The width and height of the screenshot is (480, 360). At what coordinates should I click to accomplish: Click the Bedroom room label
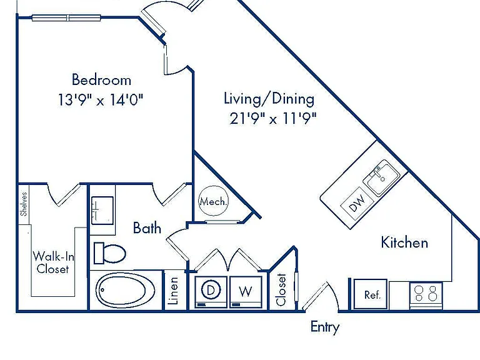(102, 80)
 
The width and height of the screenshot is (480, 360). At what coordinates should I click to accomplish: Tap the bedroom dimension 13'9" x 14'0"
(101, 100)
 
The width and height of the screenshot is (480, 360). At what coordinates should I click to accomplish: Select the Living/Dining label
(269, 99)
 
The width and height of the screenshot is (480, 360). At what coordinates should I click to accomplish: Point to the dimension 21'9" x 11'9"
(272, 118)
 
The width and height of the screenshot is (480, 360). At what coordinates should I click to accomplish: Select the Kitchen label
(404, 242)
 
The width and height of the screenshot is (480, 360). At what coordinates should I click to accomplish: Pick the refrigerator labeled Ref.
(371, 294)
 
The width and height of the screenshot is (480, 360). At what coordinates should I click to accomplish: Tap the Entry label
(325, 327)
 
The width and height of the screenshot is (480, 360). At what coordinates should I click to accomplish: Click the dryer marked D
(211, 292)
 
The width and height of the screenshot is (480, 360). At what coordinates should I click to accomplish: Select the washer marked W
(246, 292)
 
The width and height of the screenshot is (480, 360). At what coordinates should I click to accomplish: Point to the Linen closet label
(174, 291)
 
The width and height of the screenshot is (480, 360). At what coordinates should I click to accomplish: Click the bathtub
(126, 290)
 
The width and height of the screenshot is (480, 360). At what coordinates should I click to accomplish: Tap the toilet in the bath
(109, 253)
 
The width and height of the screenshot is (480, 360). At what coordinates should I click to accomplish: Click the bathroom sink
(102, 211)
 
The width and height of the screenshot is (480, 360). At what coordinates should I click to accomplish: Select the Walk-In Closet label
(53, 262)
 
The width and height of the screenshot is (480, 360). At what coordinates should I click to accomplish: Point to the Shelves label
(24, 204)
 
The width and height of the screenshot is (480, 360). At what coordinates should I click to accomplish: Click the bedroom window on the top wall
(66, 18)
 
